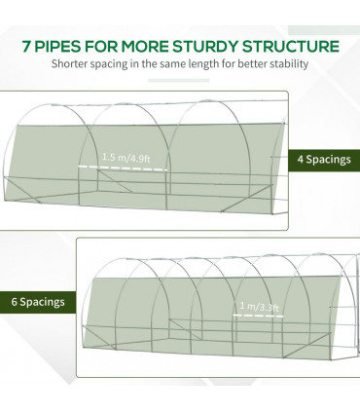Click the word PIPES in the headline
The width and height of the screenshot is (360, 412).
[56, 47]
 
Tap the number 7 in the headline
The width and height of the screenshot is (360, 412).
[26, 47]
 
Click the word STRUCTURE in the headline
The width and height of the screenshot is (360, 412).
[291, 47]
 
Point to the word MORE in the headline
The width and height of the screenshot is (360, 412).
[145, 47]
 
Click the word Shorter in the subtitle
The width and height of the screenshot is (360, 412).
[69, 63]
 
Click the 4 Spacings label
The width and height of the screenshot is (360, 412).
[324, 160]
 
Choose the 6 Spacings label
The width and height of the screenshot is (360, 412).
[38, 302]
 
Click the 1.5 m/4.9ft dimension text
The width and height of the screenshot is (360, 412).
[126, 158]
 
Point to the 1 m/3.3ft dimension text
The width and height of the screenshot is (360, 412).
[259, 306]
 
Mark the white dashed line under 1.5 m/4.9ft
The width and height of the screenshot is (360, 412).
[123, 169]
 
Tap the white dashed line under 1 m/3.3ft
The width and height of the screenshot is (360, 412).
[259, 315]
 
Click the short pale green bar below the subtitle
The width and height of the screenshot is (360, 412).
[178, 81]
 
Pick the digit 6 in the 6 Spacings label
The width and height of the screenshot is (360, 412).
[14, 302]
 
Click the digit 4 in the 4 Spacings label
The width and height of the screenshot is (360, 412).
[301, 160]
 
